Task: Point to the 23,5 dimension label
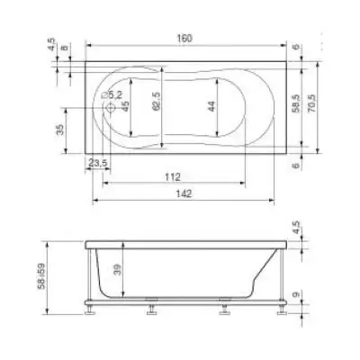click(99, 162)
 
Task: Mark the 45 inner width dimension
click(125, 106)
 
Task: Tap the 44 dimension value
click(211, 106)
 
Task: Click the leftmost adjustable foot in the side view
click(92, 313)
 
